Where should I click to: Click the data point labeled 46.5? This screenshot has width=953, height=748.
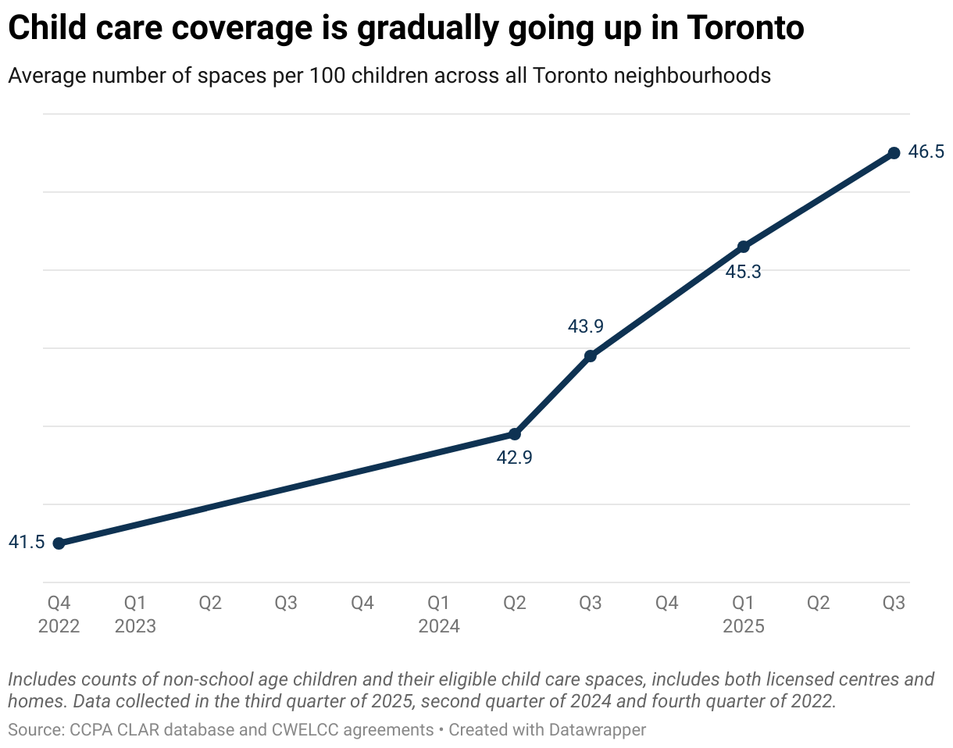(x=894, y=153)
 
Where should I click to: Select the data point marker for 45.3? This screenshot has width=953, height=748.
(x=744, y=247)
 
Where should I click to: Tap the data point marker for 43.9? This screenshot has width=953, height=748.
(x=591, y=356)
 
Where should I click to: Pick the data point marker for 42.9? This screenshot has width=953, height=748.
(x=515, y=434)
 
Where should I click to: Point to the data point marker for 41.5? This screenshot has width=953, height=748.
(x=59, y=543)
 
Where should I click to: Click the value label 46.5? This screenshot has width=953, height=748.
(x=926, y=152)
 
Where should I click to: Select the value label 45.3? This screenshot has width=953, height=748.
(x=743, y=272)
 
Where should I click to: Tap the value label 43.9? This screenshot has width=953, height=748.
(x=585, y=327)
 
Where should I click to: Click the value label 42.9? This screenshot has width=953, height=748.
(x=514, y=458)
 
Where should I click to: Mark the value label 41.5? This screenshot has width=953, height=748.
(x=27, y=543)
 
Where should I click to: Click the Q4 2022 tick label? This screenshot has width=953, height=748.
(x=59, y=614)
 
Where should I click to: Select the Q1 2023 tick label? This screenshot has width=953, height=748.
(x=135, y=614)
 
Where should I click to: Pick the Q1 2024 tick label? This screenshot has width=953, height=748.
(x=439, y=614)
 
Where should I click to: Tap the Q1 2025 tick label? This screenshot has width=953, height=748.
(x=743, y=614)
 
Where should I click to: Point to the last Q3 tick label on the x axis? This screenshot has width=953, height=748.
(x=894, y=604)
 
